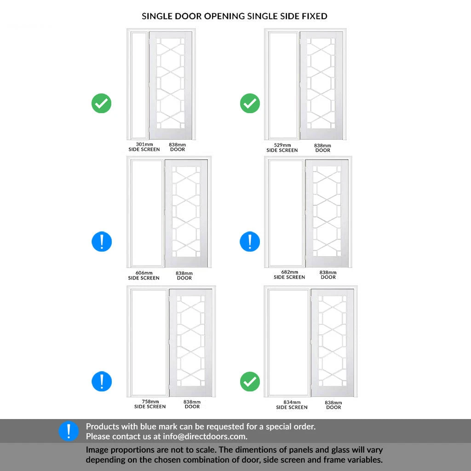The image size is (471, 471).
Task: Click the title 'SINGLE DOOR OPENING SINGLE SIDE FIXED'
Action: (x=234, y=16)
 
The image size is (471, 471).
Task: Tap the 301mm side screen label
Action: (x=144, y=147)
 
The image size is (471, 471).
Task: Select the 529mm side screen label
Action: (x=282, y=148)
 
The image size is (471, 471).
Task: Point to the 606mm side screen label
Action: (x=144, y=276)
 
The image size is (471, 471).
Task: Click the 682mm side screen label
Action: (x=289, y=275)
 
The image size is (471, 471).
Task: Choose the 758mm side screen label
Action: (x=150, y=404)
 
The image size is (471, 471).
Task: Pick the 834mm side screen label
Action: (x=292, y=405)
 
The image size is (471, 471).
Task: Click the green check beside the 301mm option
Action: (x=102, y=103)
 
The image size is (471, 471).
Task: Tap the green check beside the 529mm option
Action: (x=250, y=103)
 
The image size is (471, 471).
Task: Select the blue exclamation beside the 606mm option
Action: (x=102, y=241)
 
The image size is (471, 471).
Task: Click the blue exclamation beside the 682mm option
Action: (x=250, y=241)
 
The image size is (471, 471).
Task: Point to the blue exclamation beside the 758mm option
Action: (x=102, y=381)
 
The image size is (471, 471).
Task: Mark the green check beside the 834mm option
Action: (x=250, y=381)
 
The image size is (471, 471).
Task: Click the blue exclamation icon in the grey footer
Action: (x=69, y=431)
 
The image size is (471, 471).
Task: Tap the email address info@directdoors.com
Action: (x=205, y=437)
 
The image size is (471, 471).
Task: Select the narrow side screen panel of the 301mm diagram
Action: (x=139, y=85)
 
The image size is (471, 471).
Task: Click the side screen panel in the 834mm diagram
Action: (x=288, y=342)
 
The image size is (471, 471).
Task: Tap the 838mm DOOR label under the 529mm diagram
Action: (x=322, y=148)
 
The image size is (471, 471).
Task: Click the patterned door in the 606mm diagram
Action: (x=186, y=213)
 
